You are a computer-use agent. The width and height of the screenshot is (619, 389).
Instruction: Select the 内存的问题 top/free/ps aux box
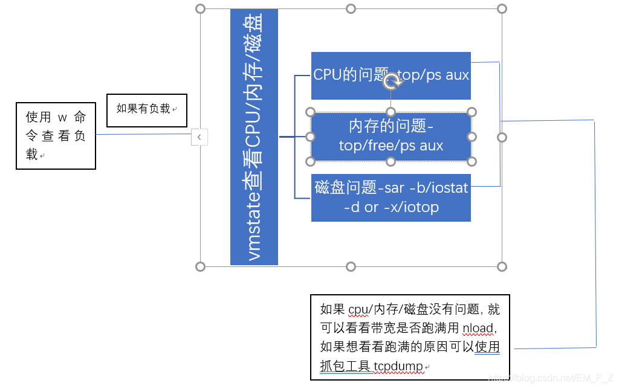(x=391, y=137)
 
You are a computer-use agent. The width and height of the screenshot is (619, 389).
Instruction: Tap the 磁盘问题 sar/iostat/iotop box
(x=391, y=198)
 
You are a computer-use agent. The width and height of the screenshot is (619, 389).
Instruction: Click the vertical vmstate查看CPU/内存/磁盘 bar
(x=254, y=137)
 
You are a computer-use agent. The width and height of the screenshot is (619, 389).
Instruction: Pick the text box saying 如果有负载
(x=146, y=110)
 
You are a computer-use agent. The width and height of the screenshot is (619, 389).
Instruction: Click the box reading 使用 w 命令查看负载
(x=56, y=136)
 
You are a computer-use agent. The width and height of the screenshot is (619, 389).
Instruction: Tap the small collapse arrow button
(x=199, y=137)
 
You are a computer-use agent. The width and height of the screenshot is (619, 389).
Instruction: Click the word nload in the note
(x=478, y=329)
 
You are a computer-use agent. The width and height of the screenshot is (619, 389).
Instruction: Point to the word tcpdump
(x=398, y=366)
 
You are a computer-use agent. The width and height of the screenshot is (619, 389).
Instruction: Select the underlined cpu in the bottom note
(x=358, y=310)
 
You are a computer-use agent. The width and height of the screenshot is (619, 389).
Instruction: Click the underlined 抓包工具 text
(x=346, y=366)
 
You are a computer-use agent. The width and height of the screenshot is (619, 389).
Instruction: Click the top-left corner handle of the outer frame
(x=201, y=8)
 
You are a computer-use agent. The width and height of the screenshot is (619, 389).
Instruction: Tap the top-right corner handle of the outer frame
(x=501, y=8)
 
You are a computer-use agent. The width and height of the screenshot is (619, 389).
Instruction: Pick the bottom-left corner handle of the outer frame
(x=201, y=266)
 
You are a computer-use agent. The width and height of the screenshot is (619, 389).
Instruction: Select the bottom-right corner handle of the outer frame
(x=501, y=266)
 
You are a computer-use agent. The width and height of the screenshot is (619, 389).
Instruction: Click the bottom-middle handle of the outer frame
(x=351, y=266)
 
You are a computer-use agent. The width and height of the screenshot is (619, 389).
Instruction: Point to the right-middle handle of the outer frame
(x=501, y=137)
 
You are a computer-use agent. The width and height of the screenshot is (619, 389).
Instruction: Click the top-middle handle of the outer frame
(x=351, y=8)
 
